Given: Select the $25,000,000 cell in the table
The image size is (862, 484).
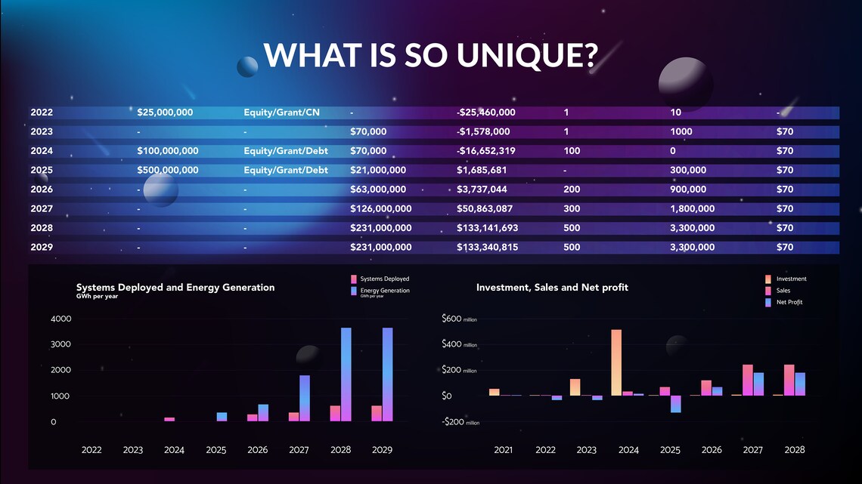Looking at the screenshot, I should pyautogui.click(x=165, y=113).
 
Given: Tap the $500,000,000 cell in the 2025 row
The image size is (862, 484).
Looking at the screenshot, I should pyautogui.click(x=168, y=170).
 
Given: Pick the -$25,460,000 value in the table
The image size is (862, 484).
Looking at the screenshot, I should pyautogui.click(x=486, y=113).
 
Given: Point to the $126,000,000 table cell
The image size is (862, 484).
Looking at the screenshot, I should pyautogui.click(x=381, y=208).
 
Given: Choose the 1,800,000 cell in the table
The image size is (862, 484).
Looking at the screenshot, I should pyautogui.click(x=692, y=208).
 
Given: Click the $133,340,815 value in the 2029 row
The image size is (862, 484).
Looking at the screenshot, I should pyautogui.click(x=487, y=247).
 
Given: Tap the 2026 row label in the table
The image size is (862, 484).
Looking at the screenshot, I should pyautogui.click(x=42, y=190).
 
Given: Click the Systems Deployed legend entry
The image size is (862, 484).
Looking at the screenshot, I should pyautogui.click(x=384, y=279).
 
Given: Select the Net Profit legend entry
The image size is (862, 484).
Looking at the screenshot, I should pyautogui.click(x=789, y=302).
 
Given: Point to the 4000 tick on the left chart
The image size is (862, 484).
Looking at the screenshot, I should pyautogui.click(x=60, y=319).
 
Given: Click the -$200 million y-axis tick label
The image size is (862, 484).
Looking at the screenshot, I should pyautogui.click(x=460, y=422).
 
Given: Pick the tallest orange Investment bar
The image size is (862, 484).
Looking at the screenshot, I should pyautogui.click(x=616, y=362).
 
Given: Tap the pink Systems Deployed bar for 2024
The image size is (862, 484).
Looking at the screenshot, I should pyautogui.click(x=169, y=419).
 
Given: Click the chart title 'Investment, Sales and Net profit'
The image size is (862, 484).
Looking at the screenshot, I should pyautogui.click(x=552, y=287).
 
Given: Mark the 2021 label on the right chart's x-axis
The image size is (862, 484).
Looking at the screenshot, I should pyautogui.click(x=503, y=450).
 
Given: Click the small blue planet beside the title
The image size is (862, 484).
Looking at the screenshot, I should pyautogui.click(x=247, y=67).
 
